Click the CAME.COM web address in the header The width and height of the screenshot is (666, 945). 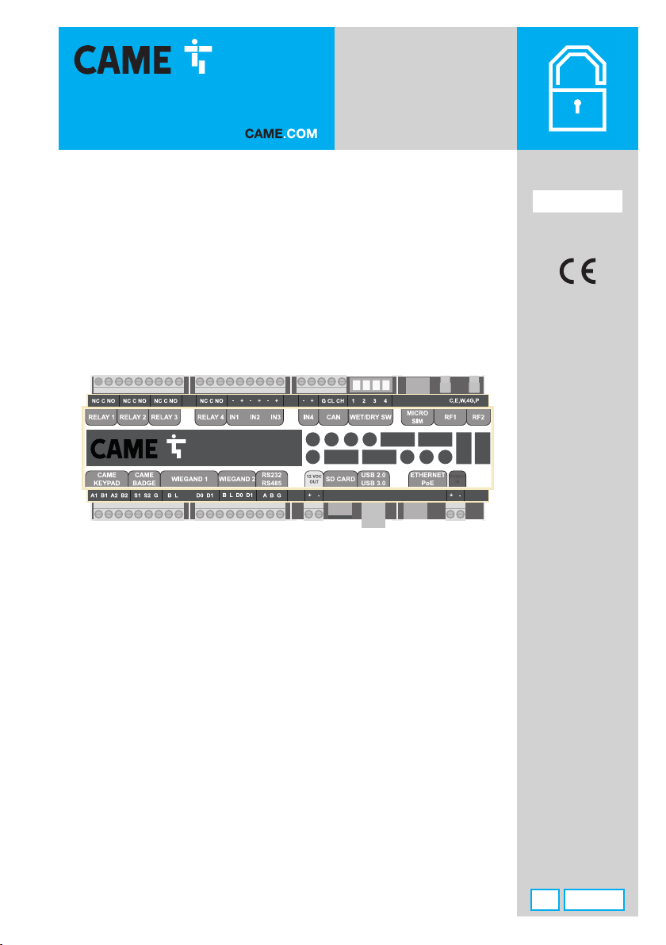click(x=280, y=134)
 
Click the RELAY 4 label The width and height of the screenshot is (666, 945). click(x=211, y=416)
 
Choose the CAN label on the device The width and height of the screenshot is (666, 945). click(x=333, y=416)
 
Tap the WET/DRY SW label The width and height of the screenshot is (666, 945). click(x=371, y=416)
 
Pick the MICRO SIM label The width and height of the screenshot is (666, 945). click(x=417, y=416)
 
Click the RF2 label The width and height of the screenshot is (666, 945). click(x=478, y=416)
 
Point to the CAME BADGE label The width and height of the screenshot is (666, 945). click(x=144, y=478)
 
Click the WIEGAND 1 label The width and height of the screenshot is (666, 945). click(x=189, y=478)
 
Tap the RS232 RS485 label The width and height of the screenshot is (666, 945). click(x=272, y=478)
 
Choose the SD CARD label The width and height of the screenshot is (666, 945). click(x=340, y=479)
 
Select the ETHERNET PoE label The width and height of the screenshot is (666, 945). click(x=427, y=478)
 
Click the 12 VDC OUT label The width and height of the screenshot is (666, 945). click(x=313, y=478)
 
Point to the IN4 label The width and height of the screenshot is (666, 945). click(x=309, y=416)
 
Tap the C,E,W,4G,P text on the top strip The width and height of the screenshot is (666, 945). click(x=464, y=400)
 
